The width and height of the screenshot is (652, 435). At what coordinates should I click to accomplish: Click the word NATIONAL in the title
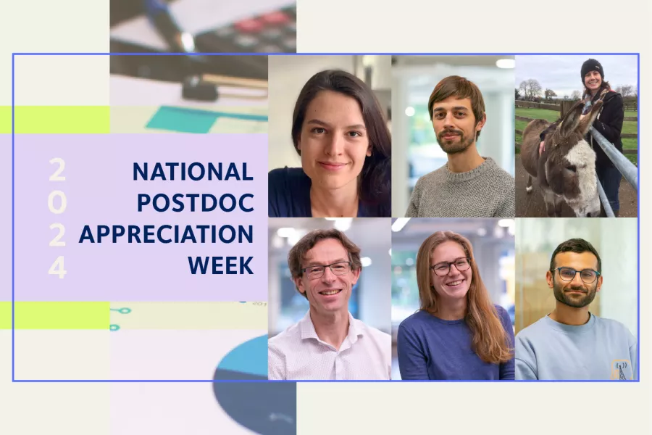tap(193, 172)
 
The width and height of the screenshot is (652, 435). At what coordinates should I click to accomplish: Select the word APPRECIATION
tap(166, 234)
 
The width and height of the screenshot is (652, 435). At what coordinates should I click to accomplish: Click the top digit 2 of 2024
tap(57, 170)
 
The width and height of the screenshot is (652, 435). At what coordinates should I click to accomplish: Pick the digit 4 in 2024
tap(57, 268)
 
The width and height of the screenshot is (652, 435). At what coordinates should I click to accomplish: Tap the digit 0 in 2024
tap(57, 203)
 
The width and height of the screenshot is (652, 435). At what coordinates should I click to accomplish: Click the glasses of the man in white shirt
tap(326, 270)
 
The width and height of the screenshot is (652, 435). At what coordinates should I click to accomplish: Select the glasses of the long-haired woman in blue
tap(451, 267)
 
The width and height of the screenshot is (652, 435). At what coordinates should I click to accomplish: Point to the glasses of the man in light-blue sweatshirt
tap(575, 275)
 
